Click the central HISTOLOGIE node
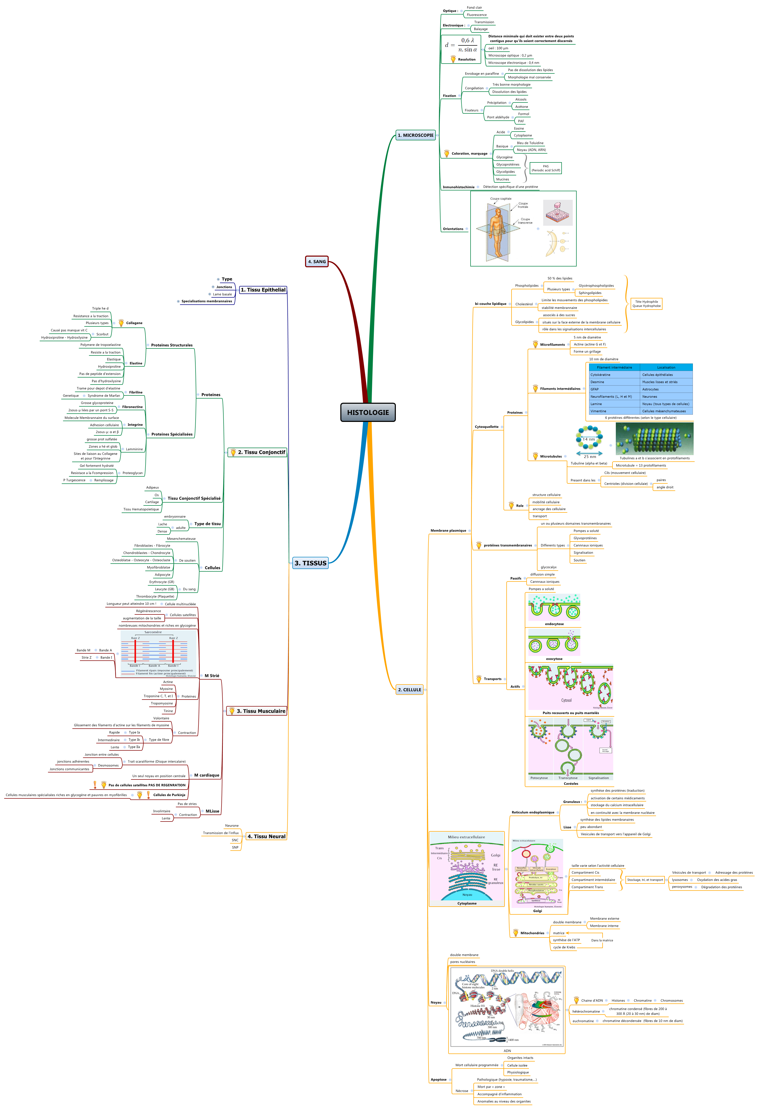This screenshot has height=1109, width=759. pyautogui.click(x=368, y=412)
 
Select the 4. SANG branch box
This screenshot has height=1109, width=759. pyautogui.click(x=317, y=262)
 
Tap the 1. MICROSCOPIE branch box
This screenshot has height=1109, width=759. pyautogui.click(x=416, y=135)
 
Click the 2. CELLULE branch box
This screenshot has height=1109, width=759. pyautogui.click(x=410, y=689)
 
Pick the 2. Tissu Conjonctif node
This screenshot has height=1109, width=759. pyautogui.click(x=258, y=452)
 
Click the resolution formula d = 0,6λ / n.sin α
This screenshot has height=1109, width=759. pyautogui.click(x=461, y=45)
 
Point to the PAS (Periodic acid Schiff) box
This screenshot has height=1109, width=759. pyautogui.click(x=546, y=168)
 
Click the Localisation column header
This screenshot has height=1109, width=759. pyautogui.click(x=666, y=367)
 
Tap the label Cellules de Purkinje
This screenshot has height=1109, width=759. pyautogui.click(x=169, y=795)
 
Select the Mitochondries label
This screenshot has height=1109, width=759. pyautogui.click(x=532, y=933)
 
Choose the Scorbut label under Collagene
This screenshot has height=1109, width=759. pyautogui.click(x=102, y=334)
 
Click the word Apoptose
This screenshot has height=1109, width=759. pyautogui.click(x=438, y=1079)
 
